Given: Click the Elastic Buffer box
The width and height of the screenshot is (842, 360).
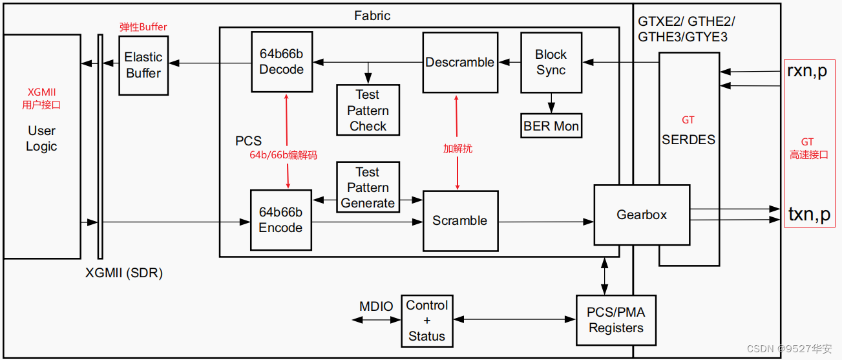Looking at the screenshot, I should point(143,65).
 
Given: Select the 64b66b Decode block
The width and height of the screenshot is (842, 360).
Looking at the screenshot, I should point(281,61).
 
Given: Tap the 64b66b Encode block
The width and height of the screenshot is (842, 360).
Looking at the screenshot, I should point(280,220).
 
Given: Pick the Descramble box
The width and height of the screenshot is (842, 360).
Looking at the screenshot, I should point(459,63).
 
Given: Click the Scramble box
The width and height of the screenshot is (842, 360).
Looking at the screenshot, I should point(459,220).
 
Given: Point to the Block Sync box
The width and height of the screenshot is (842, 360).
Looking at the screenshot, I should point(551,63).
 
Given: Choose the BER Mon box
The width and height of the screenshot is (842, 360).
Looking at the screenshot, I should point(551,126).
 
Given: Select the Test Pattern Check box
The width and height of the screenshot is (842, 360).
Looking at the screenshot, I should point(368,110).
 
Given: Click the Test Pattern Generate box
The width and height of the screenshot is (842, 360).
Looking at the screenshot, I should point(368,187).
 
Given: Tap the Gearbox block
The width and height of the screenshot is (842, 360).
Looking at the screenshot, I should point(641,215).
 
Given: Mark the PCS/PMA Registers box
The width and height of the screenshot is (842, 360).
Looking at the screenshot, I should point(615,321).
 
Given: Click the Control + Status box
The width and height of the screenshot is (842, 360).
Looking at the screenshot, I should point(426,321).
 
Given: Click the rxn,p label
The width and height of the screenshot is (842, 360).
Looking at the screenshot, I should point(806,70).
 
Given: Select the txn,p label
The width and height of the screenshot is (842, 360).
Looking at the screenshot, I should point(809,214).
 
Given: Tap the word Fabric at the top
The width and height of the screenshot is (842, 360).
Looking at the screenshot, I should point(372,15).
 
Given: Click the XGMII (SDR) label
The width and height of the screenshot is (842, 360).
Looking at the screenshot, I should point(124,273).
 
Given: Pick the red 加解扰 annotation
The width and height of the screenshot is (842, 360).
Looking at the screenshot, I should point(458,149).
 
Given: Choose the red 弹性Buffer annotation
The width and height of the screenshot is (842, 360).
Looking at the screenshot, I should point(143,27).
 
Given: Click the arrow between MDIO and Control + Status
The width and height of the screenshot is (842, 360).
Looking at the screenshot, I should point(376,319).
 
